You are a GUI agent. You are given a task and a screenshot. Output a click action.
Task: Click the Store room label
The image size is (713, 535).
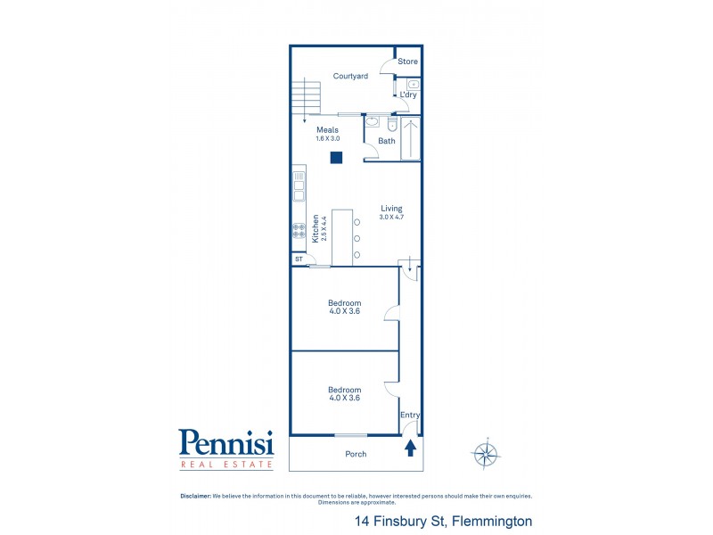click(407, 62)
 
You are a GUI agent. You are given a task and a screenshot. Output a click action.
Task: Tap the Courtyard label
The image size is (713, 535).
click(350, 77)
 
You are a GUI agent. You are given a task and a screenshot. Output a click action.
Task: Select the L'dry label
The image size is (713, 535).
click(408, 95)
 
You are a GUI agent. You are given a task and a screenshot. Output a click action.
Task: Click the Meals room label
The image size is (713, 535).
click(327, 130)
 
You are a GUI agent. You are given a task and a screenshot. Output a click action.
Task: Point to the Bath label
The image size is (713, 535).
click(387, 141)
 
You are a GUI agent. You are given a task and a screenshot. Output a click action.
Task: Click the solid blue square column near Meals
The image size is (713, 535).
click(336, 159)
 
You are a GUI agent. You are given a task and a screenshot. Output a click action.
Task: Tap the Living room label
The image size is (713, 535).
click(391, 209)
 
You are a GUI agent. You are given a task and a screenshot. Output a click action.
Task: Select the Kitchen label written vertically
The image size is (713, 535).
click(316, 228)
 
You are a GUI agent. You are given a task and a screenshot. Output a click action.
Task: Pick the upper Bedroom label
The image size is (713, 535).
click(344, 303)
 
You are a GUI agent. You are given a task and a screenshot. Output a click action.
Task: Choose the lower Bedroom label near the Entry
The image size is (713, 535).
click(344, 390)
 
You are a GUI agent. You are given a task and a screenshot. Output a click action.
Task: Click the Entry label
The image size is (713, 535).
click(410, 416)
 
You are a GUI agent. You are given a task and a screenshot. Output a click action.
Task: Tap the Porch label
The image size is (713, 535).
click(355, 454)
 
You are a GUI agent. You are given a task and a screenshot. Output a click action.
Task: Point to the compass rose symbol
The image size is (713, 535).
click(486, 454)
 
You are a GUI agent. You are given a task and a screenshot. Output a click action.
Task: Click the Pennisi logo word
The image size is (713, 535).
click(225, 442)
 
